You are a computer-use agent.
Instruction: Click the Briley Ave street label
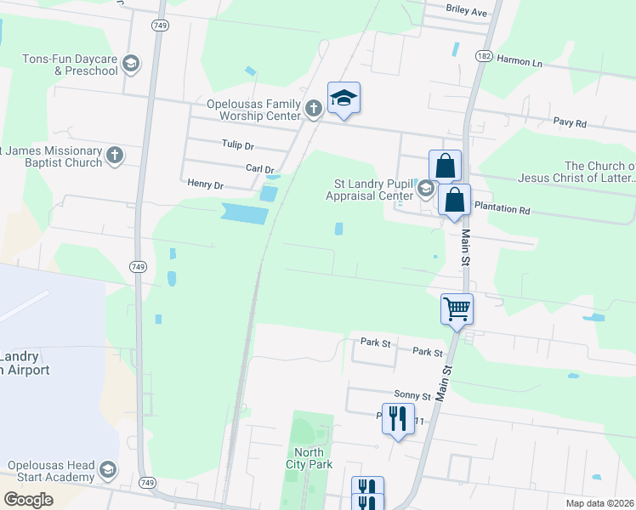tap(466, 12)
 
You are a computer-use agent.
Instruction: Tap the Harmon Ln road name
tap(519, 61)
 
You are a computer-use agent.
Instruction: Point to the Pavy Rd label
tap(570, 123)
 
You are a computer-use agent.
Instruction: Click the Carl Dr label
tap(260, 169)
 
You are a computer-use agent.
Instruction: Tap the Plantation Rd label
tap(502, 208)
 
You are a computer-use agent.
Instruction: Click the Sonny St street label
tap(413, 395)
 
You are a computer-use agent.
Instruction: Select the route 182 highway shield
tap(484, 55)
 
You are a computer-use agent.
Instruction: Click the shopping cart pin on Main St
tap(457, 309)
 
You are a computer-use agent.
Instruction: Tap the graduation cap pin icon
tap(344, 99)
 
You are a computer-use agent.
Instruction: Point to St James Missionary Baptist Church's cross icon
tap(115, 155)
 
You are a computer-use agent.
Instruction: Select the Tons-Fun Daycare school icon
tap(131, 64)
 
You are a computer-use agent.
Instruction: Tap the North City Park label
tap(309, 458)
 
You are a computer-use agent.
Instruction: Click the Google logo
tap(28, 500)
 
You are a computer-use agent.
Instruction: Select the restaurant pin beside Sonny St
tap(397, 418)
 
